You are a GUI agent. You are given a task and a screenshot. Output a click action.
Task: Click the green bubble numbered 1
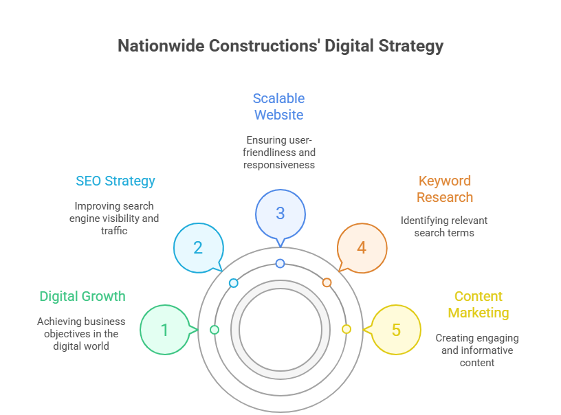pos(164,330)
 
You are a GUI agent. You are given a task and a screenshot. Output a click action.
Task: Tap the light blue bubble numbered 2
pos(198,248)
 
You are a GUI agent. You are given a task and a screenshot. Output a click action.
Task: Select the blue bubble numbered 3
pos(280,213)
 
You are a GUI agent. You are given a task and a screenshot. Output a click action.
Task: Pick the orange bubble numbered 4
pos(362,248)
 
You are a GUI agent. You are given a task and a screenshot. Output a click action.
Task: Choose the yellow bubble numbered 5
pos(396,330)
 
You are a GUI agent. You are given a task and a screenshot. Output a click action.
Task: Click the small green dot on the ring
pos(214,330)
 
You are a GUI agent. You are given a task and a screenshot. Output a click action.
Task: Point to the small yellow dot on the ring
pos(346,330)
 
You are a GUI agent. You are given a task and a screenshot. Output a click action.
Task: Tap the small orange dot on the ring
pos(327,282)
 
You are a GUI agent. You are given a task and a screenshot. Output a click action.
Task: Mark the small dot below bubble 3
pos(280,264)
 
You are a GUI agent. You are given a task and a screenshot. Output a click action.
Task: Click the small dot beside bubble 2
pos(234,283)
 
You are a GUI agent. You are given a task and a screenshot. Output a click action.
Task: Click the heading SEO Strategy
pos(115,181)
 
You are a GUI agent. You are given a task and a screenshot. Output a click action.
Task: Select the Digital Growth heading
pos(82,297)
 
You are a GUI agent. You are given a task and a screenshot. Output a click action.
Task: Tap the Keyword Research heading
pos(445,189)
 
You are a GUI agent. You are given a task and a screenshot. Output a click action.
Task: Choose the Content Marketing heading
pos(478,304)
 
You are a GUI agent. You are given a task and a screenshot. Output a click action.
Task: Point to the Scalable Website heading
pos(278,106)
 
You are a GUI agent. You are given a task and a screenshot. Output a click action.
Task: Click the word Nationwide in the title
pos(160,46)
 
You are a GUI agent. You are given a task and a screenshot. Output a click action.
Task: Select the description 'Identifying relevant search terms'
pos(444,227)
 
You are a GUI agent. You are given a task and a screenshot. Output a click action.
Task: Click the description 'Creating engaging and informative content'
pos(477,350)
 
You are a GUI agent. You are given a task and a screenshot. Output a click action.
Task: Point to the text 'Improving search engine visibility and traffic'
pos(114,218)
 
